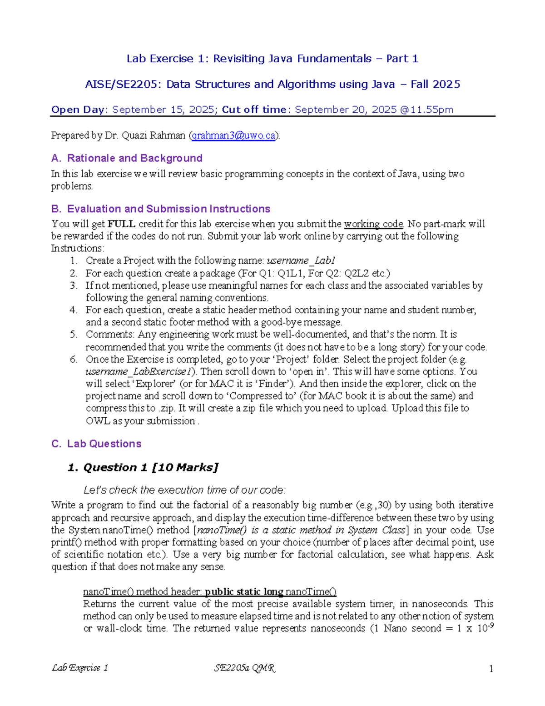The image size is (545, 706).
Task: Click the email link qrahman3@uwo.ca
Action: click(233, 135)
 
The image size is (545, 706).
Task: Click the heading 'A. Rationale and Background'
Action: click(127, 158)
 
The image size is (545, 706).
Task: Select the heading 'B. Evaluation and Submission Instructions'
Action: click(161, 209)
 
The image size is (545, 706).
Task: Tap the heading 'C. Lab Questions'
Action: click(96, 444)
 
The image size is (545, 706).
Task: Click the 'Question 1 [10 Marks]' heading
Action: click(143, 467)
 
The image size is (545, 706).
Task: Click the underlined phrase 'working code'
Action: click(373, 224)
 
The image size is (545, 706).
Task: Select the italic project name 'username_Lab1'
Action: click(301, 260)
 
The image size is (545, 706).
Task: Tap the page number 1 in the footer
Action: click(490, 668)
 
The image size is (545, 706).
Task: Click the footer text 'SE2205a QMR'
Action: click(244, 668)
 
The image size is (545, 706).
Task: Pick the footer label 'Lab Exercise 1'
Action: click(80, 668)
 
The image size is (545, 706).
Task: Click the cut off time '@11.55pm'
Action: click(426, 110)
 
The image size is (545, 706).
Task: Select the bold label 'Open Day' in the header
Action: click(78, 110)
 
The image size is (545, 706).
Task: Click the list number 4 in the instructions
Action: click(74, 310)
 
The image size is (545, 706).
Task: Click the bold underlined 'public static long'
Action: click(244, 591)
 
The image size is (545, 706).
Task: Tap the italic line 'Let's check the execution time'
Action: click(184, 490)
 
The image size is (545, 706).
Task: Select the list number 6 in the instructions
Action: click(74, 359)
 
